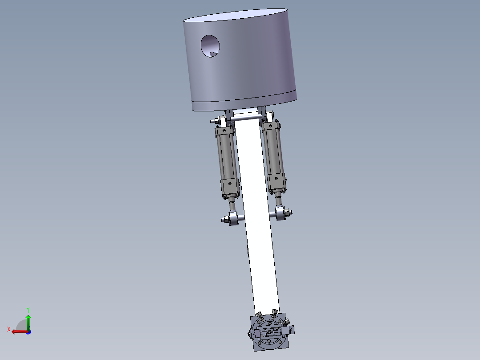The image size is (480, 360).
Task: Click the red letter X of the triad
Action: tap(8, 329)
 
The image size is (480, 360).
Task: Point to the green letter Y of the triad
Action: tap(28, 309)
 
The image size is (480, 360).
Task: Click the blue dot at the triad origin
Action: tap(28, 331)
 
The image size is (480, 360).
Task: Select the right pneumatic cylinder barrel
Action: tap(273, 151)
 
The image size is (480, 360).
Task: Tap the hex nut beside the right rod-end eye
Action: tap(288, 212)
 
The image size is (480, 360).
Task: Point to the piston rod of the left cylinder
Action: tap(232, 206)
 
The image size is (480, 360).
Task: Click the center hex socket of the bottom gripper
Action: tap(269, 332)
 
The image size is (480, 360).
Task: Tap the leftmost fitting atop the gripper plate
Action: tap(259, 314)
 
